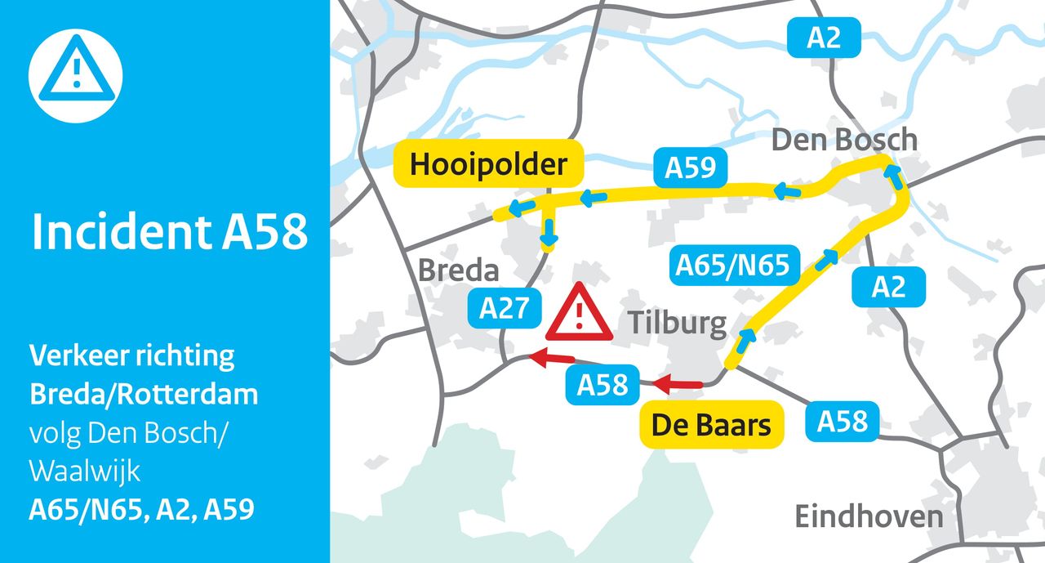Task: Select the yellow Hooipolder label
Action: (x=488, y=165)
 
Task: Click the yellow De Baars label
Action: (x=710, y=424)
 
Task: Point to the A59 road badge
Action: (x=690, y=168)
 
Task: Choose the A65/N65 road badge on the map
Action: (x=732, y=266)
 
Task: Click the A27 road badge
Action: (x=504, y=308)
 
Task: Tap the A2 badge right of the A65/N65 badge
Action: (x=887, y=287)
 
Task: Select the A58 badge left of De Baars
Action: (x=603, y=385)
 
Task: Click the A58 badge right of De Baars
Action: (x=842, y=421)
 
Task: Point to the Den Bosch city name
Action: (x=844, y=141)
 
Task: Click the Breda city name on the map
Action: (x=458, y=270)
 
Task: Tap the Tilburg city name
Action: (x=677, y=324)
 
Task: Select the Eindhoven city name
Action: (x=869, y=516)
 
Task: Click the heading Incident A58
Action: (x=170, y=233)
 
